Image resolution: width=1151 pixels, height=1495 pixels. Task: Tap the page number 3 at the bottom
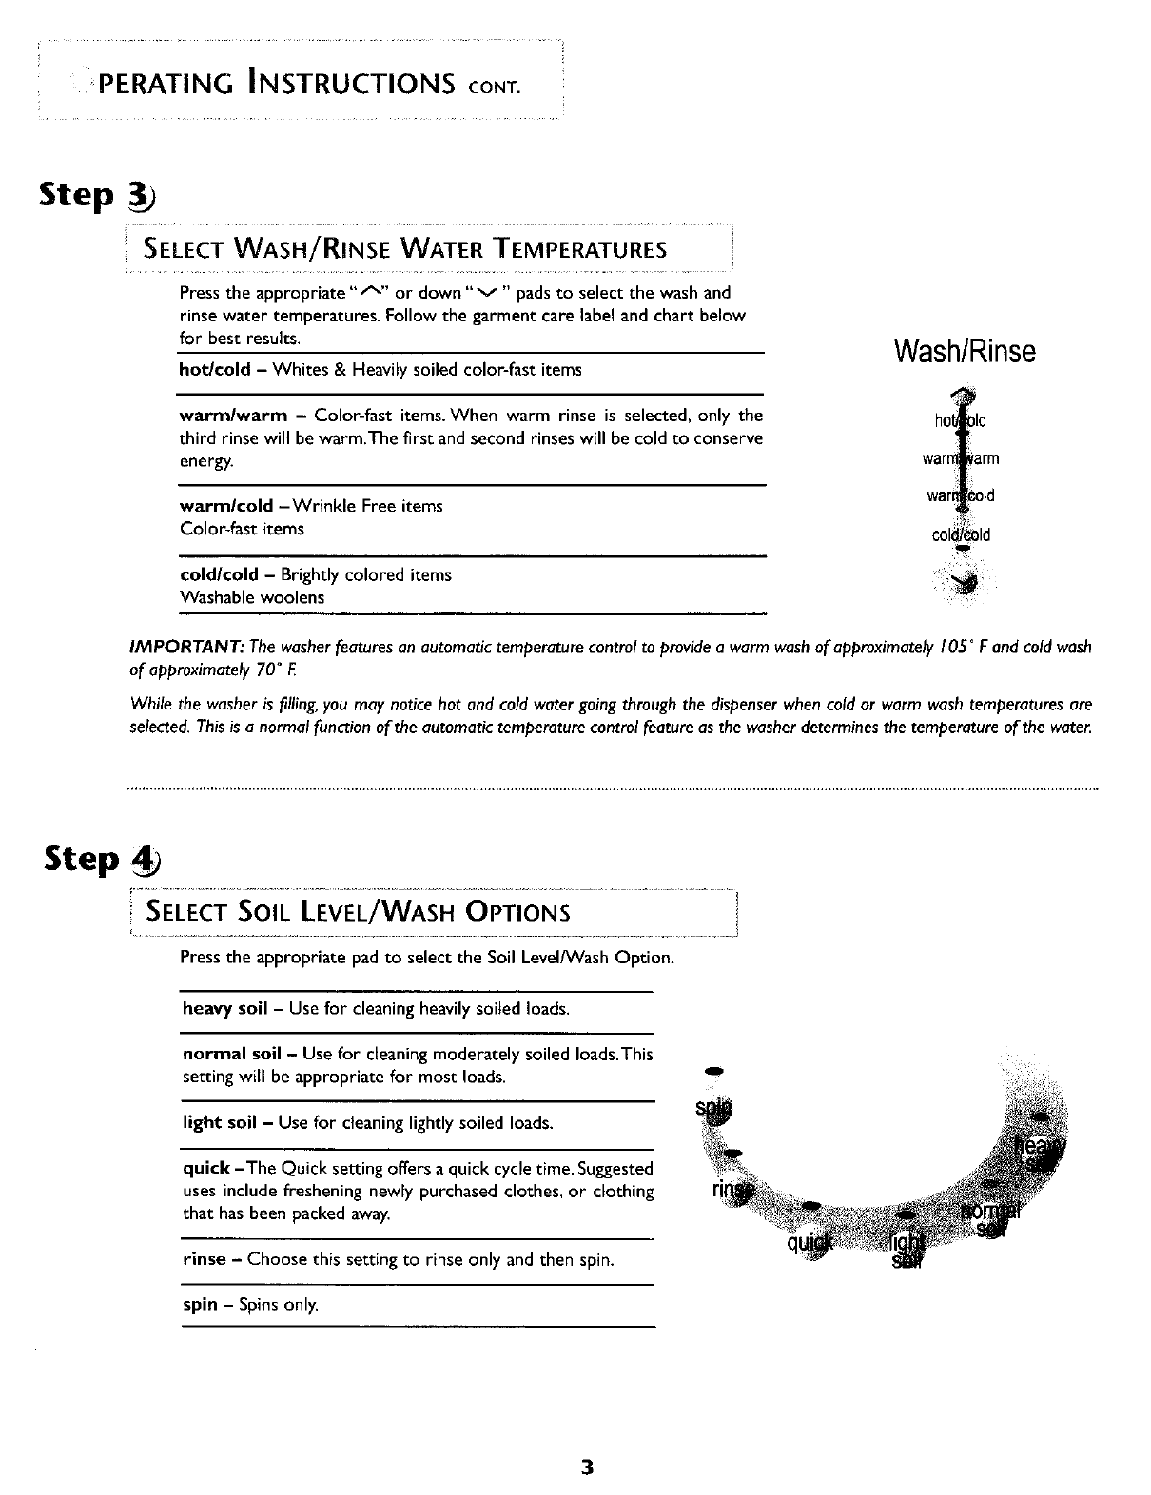[588, 1466]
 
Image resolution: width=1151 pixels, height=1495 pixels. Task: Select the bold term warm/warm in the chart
[233, 416]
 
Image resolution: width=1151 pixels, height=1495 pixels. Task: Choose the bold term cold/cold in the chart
[219, 575]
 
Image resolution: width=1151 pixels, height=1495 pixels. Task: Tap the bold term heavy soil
[224, 1008]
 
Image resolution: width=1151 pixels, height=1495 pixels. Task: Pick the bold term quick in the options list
[205, 1169]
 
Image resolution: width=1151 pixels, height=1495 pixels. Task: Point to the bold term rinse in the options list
[204, 1260]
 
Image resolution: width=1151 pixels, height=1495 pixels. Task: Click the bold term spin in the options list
[200, 1305]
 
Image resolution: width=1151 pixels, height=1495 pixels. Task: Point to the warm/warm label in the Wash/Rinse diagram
[961, 460]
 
